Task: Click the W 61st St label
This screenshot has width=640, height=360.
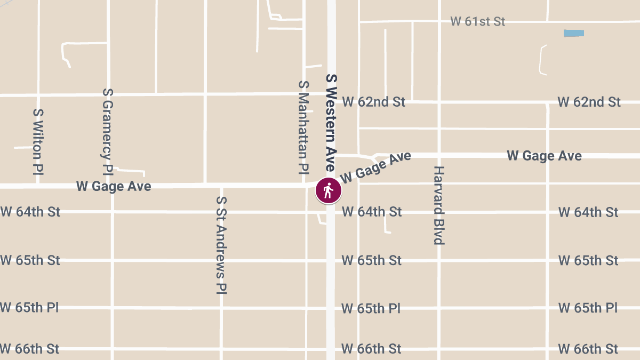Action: tap(477, 22)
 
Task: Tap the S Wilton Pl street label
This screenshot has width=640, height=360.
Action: tap(38, 142)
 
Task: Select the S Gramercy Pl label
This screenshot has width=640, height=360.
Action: tap(108, 132)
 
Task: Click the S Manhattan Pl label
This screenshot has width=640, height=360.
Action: tap(303, 127)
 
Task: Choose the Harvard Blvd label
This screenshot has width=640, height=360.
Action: tap(438, 205)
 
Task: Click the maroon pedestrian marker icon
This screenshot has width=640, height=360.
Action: tap(328, 190)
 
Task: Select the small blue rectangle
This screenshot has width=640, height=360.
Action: tap(573, 33)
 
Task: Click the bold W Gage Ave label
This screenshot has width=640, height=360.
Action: tap(544, 156)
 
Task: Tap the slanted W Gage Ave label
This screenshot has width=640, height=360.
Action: tap(376, 167)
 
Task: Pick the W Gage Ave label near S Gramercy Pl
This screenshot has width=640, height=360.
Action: tap(114, 186)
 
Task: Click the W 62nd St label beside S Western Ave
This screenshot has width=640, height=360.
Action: tap(373, 102)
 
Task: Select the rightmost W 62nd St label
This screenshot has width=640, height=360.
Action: tap(589, 102)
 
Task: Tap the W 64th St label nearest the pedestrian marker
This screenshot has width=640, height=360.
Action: tap(371, 212)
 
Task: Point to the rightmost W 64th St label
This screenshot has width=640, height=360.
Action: tap(588, 212)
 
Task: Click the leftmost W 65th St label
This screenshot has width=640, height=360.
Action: tap(30, 261)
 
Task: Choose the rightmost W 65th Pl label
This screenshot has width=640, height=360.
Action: tap(588, 308)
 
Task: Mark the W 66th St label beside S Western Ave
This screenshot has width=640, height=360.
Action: tap(371, 349)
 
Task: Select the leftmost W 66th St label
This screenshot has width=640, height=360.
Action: tap(30, 349)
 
